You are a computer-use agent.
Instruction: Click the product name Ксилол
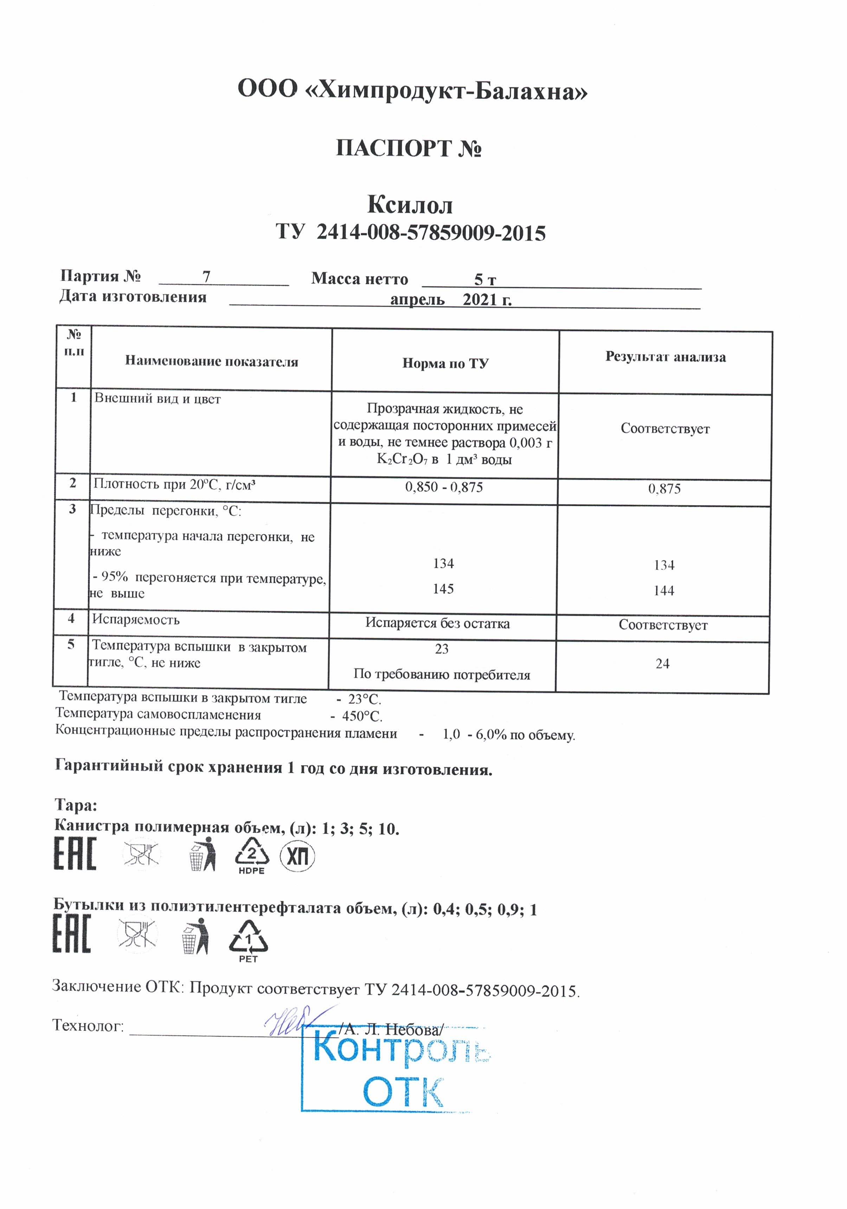click(410, 204)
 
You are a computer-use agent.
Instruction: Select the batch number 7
click(206, 276)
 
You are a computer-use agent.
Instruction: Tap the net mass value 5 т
click(484, 279)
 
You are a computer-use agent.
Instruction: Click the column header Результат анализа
click(665, 357)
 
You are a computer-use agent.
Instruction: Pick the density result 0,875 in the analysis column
click(664, 489)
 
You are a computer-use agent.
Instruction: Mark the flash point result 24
click(662, 663)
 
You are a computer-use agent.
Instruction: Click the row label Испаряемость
click(136, 619)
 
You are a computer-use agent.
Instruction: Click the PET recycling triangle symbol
click(248, 940)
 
